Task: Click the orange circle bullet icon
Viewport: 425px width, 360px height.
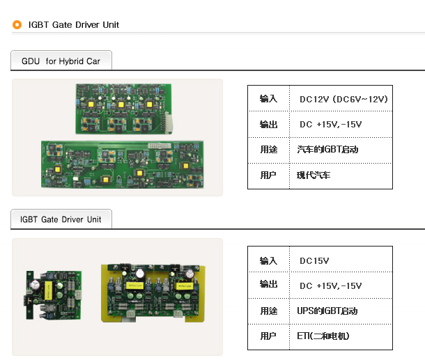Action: point(17,24)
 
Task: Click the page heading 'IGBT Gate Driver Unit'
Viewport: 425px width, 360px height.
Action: point(74,25)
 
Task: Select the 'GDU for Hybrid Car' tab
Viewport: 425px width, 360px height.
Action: point(61,61)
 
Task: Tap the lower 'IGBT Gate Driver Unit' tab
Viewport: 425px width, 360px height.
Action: point(61,219)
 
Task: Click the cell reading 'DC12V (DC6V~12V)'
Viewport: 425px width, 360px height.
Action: point(343,99)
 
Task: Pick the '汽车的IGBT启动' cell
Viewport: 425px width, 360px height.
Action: point(327,150)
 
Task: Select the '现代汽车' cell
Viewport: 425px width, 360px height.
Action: point(314,175)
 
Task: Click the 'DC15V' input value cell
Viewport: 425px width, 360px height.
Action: point(314,261)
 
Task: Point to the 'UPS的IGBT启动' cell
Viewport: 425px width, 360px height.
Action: point(327,311)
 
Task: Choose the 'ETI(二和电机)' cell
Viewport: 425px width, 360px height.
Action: point(323,336)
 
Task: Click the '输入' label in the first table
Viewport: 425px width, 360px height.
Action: point(268,99)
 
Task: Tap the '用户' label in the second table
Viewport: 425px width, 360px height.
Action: point(268,336)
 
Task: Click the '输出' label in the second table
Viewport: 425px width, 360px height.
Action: point(268,284)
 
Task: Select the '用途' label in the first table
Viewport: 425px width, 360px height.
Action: point(269,150)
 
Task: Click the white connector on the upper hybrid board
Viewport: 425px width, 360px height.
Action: point(169,123)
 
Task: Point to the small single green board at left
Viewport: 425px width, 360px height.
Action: point(54,295)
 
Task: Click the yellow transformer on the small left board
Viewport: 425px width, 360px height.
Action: point(49,290)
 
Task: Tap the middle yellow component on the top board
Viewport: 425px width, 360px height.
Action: point(121,104)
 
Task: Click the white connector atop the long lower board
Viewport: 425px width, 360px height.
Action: point(160,146)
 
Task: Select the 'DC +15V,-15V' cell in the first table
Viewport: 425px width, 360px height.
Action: point(331,125)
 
